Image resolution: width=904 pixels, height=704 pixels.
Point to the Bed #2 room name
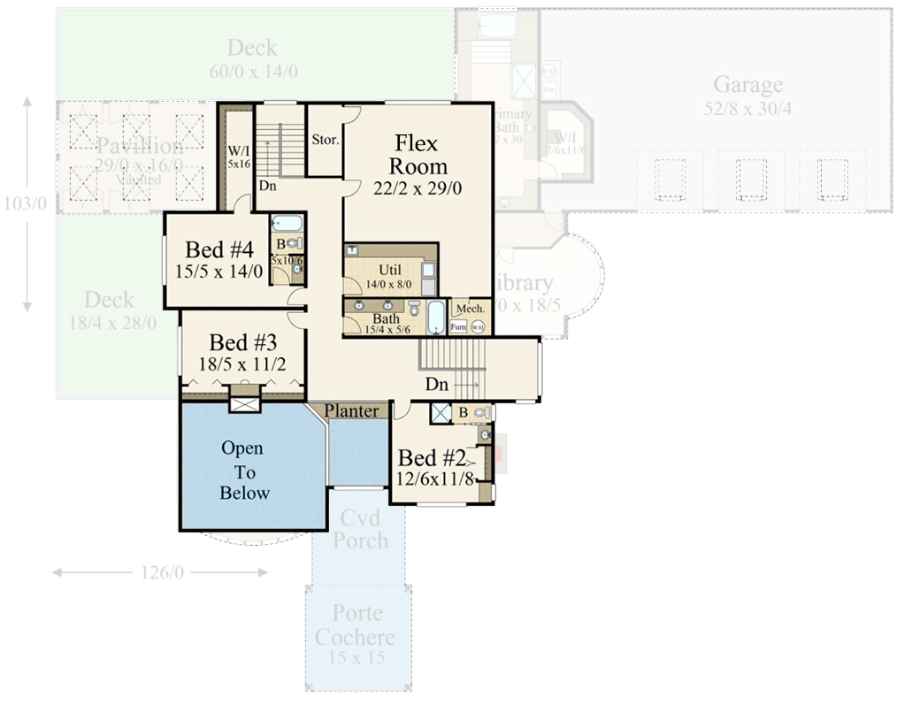432,458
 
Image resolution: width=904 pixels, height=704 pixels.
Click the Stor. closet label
324,140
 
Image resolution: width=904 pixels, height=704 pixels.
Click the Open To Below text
244,471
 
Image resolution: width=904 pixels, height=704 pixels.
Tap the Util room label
389,270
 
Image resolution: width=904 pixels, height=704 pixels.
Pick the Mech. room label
471,308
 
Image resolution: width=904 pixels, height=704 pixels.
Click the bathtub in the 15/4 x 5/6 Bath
437,318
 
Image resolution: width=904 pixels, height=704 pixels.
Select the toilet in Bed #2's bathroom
479,412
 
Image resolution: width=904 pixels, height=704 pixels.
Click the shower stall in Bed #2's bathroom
440,413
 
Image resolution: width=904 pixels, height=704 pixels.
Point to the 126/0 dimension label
160,573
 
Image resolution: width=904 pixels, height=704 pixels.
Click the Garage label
747,85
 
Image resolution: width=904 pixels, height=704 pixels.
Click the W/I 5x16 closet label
238,157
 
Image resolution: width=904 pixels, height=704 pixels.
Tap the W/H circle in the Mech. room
478,327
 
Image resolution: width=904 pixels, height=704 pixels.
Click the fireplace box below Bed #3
242,402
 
